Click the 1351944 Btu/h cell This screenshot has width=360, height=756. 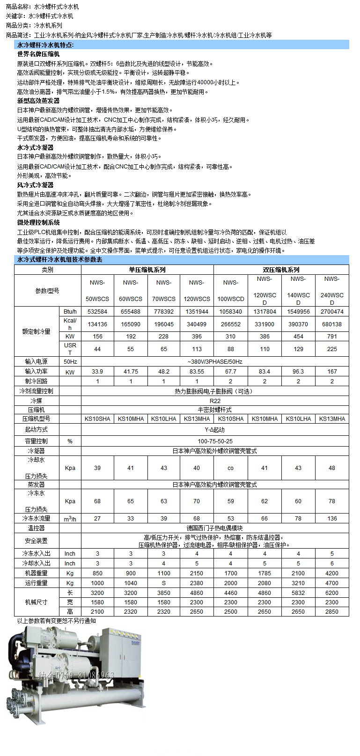click(197, 312)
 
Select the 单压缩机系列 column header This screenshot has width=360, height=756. click(147, 270)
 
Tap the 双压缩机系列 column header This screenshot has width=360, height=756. click(281, 270)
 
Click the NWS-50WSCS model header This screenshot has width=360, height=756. click(97, 290)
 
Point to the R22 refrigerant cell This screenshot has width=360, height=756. click(215, 401)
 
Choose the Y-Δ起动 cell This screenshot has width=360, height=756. click(215, 430)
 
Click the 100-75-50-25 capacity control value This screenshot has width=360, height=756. click(215, 441)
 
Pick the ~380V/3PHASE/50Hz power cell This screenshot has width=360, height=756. click(215, 362)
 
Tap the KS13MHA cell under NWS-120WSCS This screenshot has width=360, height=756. click(197, 419)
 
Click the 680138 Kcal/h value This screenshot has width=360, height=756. click(332, 324)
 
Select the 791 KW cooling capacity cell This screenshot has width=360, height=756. click(332, 337)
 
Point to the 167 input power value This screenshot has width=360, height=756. click(332, 372)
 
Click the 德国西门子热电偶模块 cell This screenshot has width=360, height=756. click(215, 528)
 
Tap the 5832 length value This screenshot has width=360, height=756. click(298, 593)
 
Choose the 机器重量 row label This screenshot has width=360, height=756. click(37, 573)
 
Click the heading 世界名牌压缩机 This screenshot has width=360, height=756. click(38, 54)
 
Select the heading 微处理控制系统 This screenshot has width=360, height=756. click(38, 222)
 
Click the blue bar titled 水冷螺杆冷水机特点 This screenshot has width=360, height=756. click(182, 45)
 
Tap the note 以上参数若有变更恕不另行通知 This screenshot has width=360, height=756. click(56, 621)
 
